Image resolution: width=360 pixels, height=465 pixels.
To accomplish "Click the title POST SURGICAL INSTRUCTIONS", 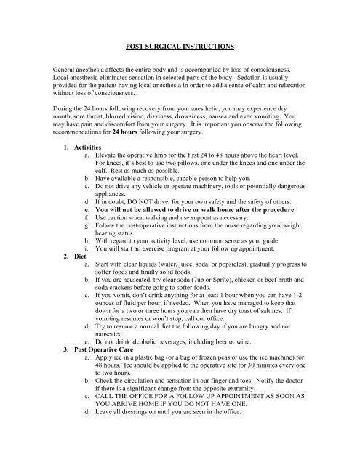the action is pyautogui.click(x=180, y=46).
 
